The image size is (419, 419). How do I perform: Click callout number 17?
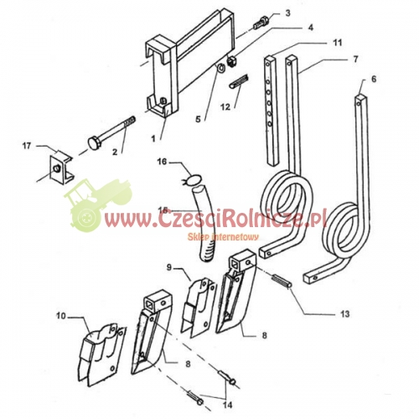click(x=27, y=146)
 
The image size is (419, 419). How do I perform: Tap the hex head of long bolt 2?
click(x=95, y=142)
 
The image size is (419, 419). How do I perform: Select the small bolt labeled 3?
click(x=261, y=23)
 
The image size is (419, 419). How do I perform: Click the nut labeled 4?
click(x=232, y=61)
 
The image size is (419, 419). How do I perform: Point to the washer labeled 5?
click(x=221, y=68)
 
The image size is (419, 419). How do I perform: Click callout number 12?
click(x=225, y=106)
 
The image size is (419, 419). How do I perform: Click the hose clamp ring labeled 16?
click(x=194, y=178)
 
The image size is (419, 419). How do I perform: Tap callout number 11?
click(x=338, y=43)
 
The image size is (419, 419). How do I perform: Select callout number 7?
click(x=355, y=59)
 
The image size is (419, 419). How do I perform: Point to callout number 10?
click(x=61, y=316)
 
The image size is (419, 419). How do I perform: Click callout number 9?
click(x=169, y=267)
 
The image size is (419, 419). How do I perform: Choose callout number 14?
click(x=228, y=405)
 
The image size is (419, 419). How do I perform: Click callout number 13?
click(x=345, y=313)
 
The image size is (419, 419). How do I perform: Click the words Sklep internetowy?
click(x=223, y=237)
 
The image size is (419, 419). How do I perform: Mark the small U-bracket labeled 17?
click(x=61, y=168)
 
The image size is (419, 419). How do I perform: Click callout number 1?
click(x=153, y=138)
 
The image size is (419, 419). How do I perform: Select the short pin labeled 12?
click(x=239, y=81)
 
